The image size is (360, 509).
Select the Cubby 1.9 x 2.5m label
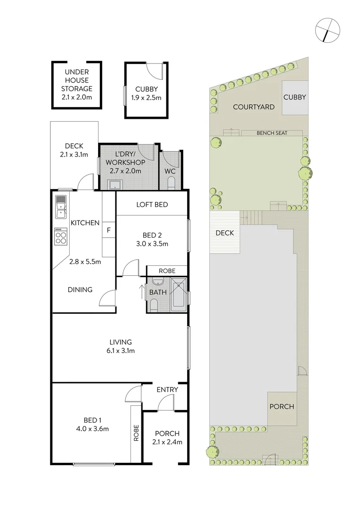(146, 93)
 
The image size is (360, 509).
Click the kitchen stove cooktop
(61, 236)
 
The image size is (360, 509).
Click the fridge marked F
(109, 230)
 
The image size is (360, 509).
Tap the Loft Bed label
(152, 205)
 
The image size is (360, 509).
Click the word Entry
(167, 389)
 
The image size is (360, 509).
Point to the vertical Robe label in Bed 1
(136, 433)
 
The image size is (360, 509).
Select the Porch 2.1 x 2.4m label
(167, 438)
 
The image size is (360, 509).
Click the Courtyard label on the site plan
(254, 107)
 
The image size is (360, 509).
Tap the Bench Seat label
(272, 133)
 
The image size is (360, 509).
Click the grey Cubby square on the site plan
(295, 98)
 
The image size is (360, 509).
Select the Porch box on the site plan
(282, 407)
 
